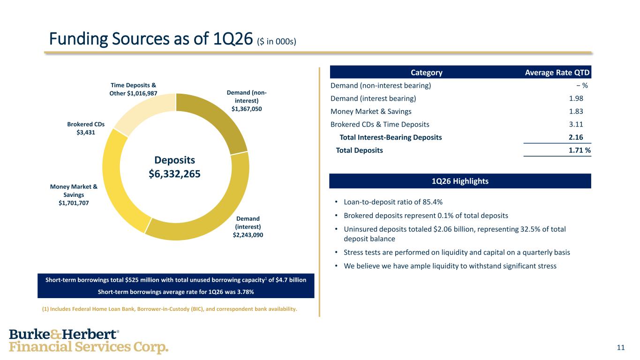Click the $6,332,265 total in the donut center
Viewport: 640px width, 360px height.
pyautogui.click(x=175, y=174)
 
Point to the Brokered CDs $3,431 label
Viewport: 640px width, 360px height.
pyautogui.click(x=86, y=128)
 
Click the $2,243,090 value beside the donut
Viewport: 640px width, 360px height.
pyautogui.click(x=248, y=235)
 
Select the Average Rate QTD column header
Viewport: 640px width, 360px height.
pyautogui.click(x=557, y=73)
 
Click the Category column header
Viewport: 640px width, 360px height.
pyautogui.click(x=426, y=73)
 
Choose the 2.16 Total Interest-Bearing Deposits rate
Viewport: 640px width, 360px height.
pyautogui.click(x=578, y=138)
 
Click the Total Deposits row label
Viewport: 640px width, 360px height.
pyautogui.click(x=359, y=150)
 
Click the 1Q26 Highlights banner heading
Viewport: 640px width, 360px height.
pyautogui.click(x=460, y=181)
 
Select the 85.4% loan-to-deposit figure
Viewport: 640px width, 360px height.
pyautogui.click(x=432, y=202)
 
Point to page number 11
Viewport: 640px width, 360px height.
pyautogui.click(x=621, y=347)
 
